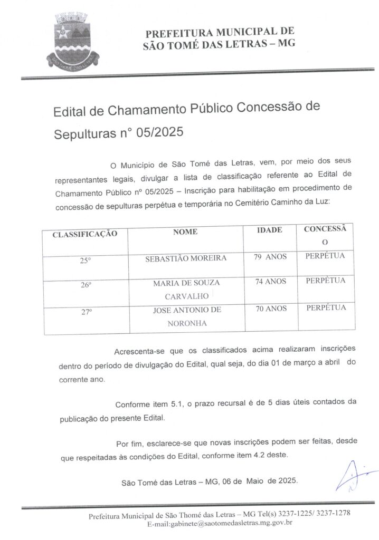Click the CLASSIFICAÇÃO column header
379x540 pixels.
[x=84, y=233]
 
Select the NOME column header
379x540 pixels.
[x=185, y=232]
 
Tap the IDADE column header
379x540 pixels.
[x=269, y=230]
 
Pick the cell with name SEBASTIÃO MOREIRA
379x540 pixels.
[x=186, y=258]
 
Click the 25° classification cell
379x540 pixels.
[x=86, y=260]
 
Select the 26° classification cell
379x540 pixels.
[x=86, y=285]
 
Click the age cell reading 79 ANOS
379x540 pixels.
[x=270, y=257]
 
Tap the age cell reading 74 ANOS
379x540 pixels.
[x=270, y=282]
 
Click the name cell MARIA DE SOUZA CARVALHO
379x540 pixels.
[x=186, y=290]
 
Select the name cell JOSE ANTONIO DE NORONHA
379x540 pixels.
[x=186, y=316]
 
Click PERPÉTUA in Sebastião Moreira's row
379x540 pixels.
[x=325, y=256]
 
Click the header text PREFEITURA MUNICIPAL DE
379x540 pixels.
[x=220, y=32]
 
